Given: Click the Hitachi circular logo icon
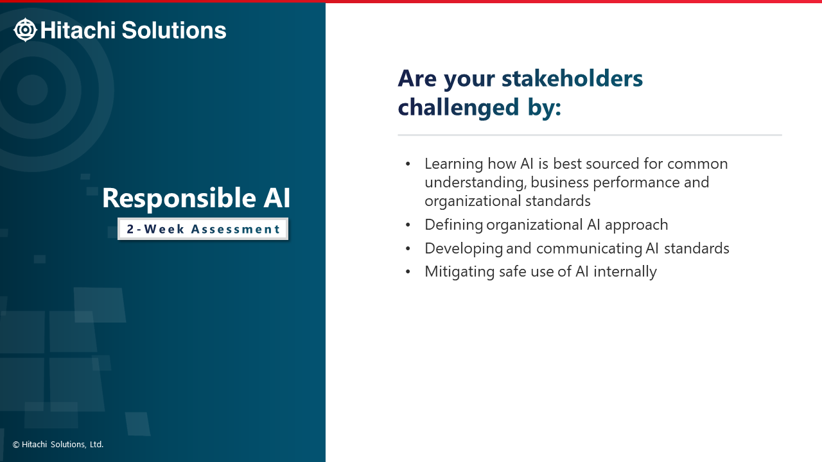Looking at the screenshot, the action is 25,30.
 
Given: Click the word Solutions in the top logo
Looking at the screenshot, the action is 174,30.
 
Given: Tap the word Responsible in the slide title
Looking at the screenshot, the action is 179,198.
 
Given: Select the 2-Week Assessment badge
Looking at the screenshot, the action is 203,229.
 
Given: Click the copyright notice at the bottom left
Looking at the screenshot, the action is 58,445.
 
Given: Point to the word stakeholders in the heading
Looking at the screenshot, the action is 572,78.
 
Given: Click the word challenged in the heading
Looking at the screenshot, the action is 459,107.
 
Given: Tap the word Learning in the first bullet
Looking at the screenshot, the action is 453,164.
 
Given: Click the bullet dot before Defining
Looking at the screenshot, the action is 408,225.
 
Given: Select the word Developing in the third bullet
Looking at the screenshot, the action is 464,249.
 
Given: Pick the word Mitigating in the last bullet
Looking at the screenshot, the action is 459,272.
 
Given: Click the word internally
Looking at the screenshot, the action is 625,271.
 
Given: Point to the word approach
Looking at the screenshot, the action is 636,225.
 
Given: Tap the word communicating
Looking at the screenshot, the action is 589,249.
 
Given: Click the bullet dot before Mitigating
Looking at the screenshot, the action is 408,271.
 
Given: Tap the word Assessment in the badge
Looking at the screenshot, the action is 236,229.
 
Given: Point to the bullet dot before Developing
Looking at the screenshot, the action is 408,248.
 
